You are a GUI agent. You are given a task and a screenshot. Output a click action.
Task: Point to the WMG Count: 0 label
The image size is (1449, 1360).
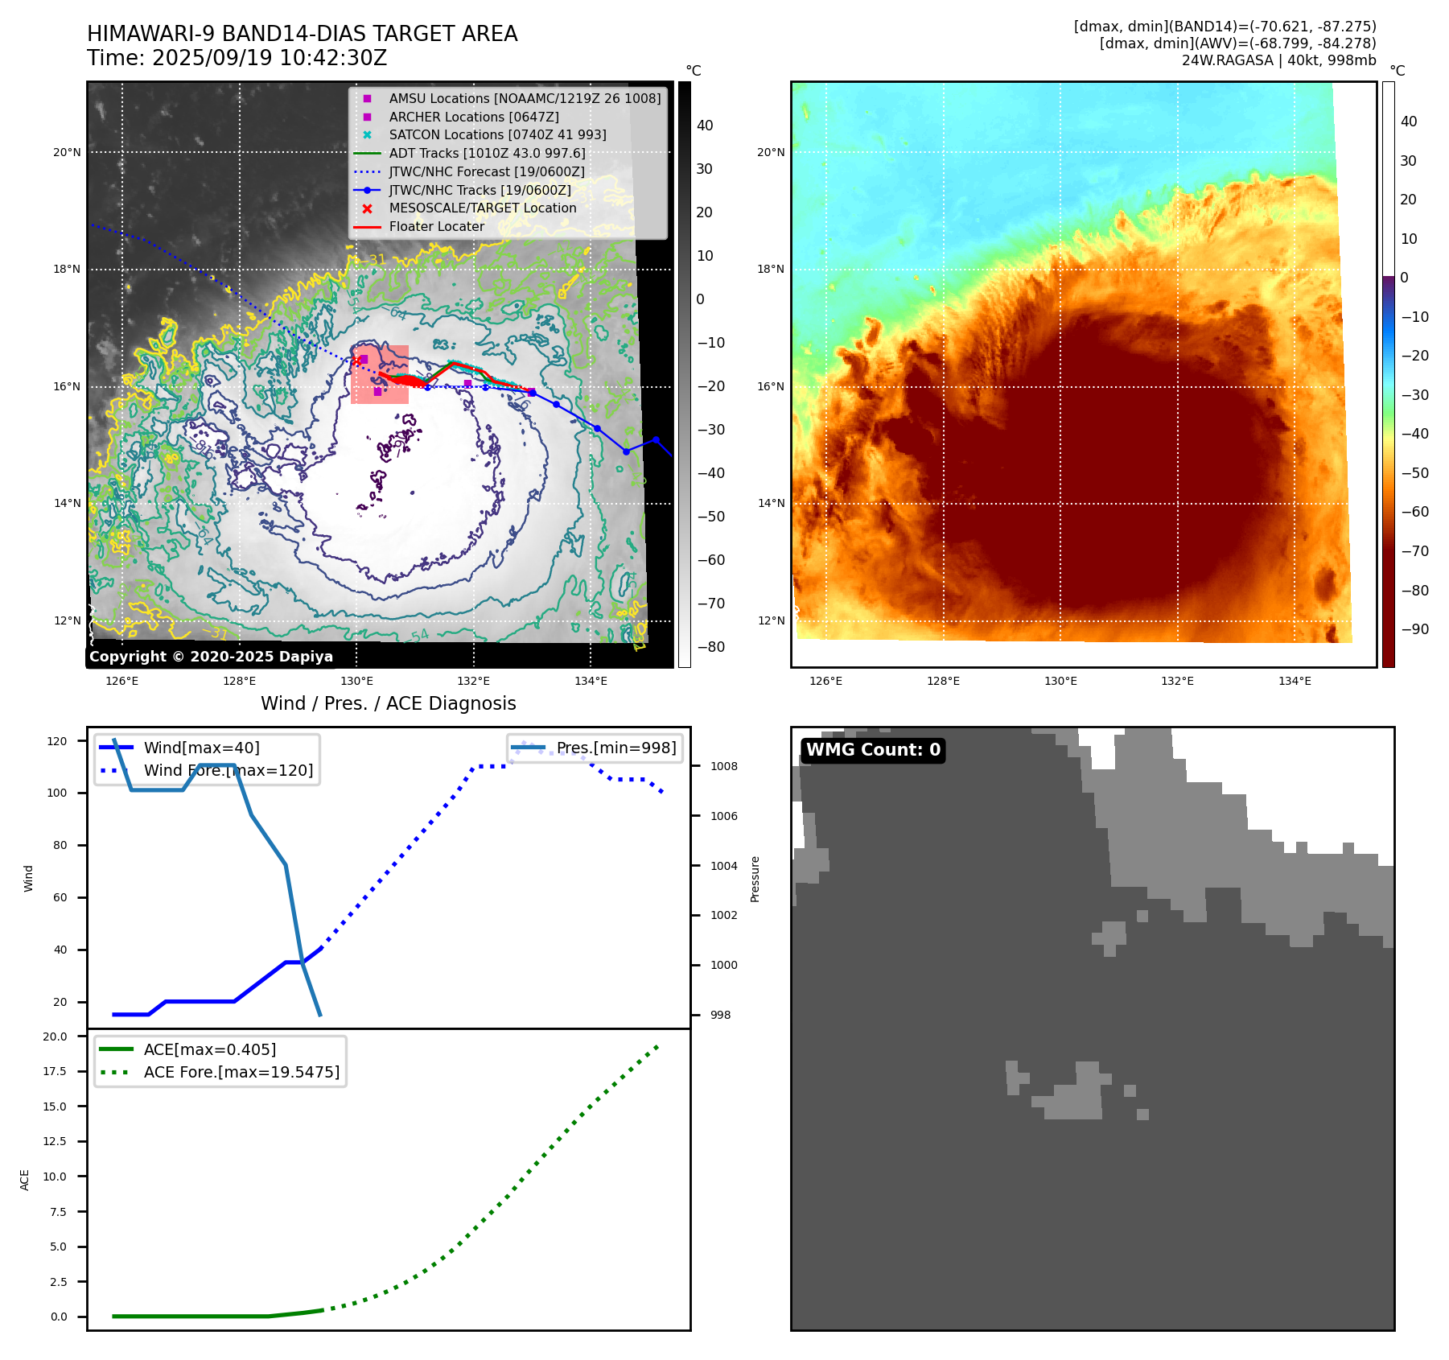873,750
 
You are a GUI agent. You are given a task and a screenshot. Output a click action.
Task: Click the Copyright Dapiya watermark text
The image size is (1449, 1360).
211,657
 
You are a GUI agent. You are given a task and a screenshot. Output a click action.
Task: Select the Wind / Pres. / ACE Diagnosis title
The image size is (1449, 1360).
388,703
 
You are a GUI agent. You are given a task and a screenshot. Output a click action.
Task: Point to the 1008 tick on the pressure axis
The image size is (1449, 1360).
723,767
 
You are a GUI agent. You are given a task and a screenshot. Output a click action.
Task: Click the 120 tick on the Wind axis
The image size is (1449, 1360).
57,741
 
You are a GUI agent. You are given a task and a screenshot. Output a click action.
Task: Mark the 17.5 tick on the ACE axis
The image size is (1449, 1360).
55,1072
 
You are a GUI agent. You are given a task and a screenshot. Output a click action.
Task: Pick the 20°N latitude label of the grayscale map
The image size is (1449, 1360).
67,153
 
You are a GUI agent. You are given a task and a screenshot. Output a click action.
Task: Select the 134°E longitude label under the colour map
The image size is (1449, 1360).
1295,682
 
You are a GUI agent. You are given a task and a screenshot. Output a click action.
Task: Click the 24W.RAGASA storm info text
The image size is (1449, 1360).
1278,60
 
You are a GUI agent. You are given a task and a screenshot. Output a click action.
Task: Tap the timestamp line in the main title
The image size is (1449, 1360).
237,59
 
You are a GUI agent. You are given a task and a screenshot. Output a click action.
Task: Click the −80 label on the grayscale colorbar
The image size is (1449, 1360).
710,647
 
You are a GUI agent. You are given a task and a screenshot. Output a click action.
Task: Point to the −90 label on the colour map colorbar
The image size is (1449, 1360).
1414,629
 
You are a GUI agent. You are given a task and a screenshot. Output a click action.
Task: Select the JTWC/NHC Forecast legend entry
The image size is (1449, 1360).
487,172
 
